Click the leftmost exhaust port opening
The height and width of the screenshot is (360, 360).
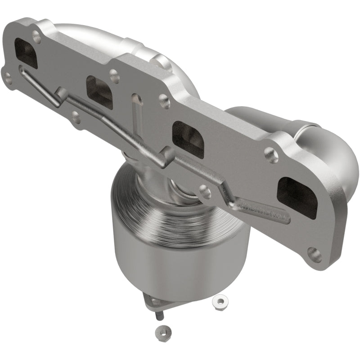(x=26, y=53)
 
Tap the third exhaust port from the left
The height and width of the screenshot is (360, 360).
(x=188, y=138)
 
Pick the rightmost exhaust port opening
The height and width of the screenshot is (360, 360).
(x=297, y=198)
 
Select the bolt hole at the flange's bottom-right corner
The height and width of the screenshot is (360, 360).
(x=315, y=255)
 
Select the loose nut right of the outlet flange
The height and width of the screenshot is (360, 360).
(x=220, y=300)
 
